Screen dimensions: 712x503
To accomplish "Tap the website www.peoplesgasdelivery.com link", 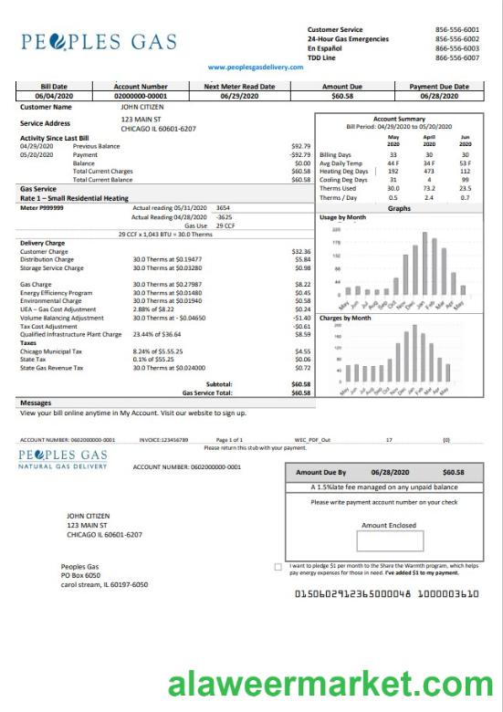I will (x=255, y=68).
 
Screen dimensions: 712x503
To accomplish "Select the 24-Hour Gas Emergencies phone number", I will (x=457, y=39).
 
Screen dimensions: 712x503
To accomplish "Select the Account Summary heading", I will (x=399, y=119).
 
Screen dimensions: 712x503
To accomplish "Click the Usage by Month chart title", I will (x=343, y=218).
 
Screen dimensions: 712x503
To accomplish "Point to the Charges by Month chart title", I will (x=345, y=318).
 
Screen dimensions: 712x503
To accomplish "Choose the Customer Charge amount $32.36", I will (x=301, y=251).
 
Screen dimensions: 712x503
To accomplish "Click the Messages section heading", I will (x=35, y=403).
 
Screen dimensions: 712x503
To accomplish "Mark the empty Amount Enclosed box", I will (x=389, y=541).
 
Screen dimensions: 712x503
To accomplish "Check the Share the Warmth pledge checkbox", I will (x=278, y=567).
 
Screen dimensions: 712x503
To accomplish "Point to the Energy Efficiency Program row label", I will (x=57, y=292).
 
